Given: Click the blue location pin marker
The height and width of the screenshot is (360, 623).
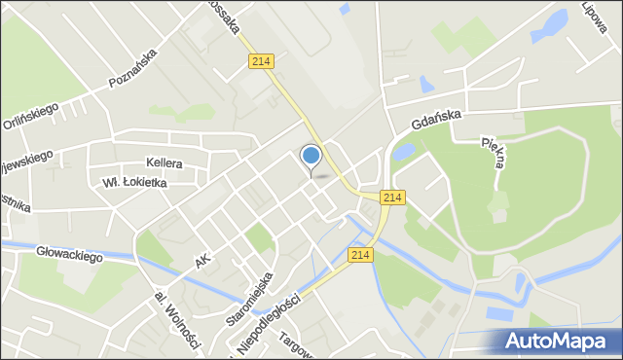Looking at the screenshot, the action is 311,157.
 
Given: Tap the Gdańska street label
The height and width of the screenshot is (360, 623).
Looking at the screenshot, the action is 434,123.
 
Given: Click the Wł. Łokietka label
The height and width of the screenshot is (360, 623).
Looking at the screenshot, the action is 134,182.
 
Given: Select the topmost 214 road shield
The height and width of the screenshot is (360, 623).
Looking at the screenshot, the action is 260,61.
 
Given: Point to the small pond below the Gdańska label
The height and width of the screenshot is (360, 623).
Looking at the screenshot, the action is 405,152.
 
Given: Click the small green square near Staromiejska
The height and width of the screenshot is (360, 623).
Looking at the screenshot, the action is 258,237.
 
